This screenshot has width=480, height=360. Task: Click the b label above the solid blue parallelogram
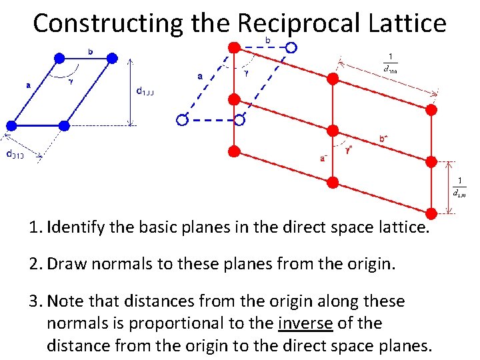pyautogui.click(x=90, y=50)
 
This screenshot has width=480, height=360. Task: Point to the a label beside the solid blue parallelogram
pyautogui.click(x=28, y=85)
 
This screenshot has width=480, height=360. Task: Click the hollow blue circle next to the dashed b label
pyautogui.click(x=291, y=47)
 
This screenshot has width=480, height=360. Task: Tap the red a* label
pyautogui.click(x=323, y=159)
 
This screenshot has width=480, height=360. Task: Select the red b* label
pyautogui.click(x=384, y=139)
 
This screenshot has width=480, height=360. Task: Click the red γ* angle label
pyautogui.click(x=349, y=151)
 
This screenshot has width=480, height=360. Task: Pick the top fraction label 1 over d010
pyautogui.click(x=389, y=63)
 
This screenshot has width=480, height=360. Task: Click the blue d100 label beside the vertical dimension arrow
pyautogui.click(x=147, y=92)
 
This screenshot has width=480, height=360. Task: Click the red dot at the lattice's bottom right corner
pyautogui.click(x=431, y=213)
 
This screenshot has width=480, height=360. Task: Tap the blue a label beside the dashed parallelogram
pyautogui.click(x=201, y=76)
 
